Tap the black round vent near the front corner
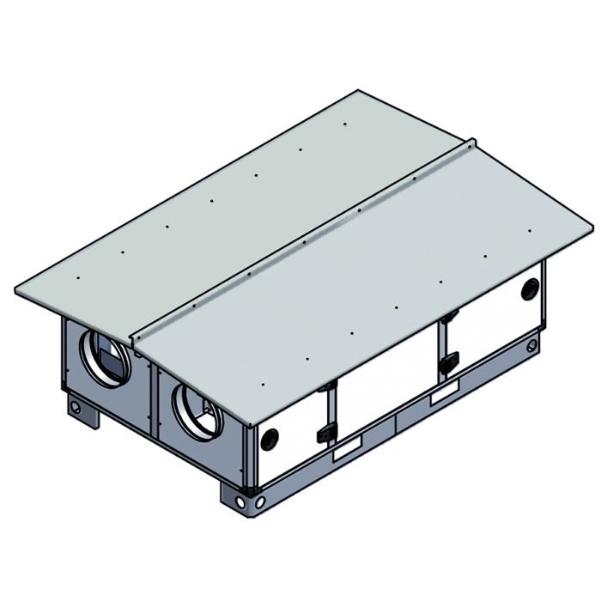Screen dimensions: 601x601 pos(268,438)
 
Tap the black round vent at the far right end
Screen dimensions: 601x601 pos(529,289)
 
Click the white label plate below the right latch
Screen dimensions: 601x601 pos(444,394)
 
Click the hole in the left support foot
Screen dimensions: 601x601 pos(76,406)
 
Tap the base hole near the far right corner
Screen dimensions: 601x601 pos(532,346)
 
